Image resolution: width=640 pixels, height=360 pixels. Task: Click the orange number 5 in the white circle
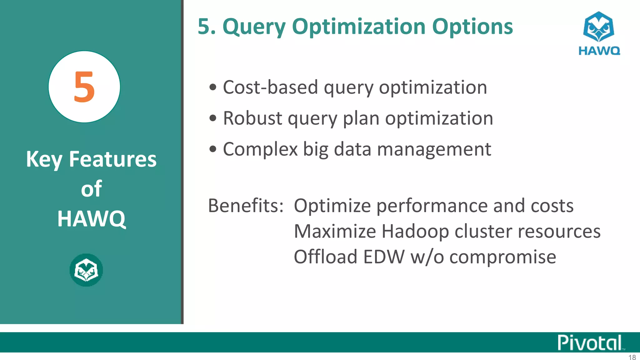point(84,87)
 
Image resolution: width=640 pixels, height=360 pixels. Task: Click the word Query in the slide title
point(254,27)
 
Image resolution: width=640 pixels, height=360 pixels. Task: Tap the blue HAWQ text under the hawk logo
point(599,51)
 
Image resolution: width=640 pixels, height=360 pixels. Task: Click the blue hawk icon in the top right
point(598,27)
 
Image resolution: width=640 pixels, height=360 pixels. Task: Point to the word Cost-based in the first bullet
point(270,87)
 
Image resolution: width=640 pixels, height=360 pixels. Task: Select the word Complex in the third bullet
point(260,150)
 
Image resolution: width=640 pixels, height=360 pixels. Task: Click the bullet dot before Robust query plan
point(213,118)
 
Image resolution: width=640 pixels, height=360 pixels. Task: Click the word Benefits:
point(246,206)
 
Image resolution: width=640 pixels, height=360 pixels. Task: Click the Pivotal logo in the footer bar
point(590,342)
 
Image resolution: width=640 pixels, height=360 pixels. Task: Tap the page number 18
point(632,357)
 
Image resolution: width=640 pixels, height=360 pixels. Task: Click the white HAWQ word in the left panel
point(91,219)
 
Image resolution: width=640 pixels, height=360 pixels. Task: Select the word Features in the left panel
point(112,159)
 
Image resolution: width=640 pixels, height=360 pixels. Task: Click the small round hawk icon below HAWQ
point(86,270)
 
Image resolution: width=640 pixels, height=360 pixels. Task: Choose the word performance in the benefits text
point(432,206)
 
